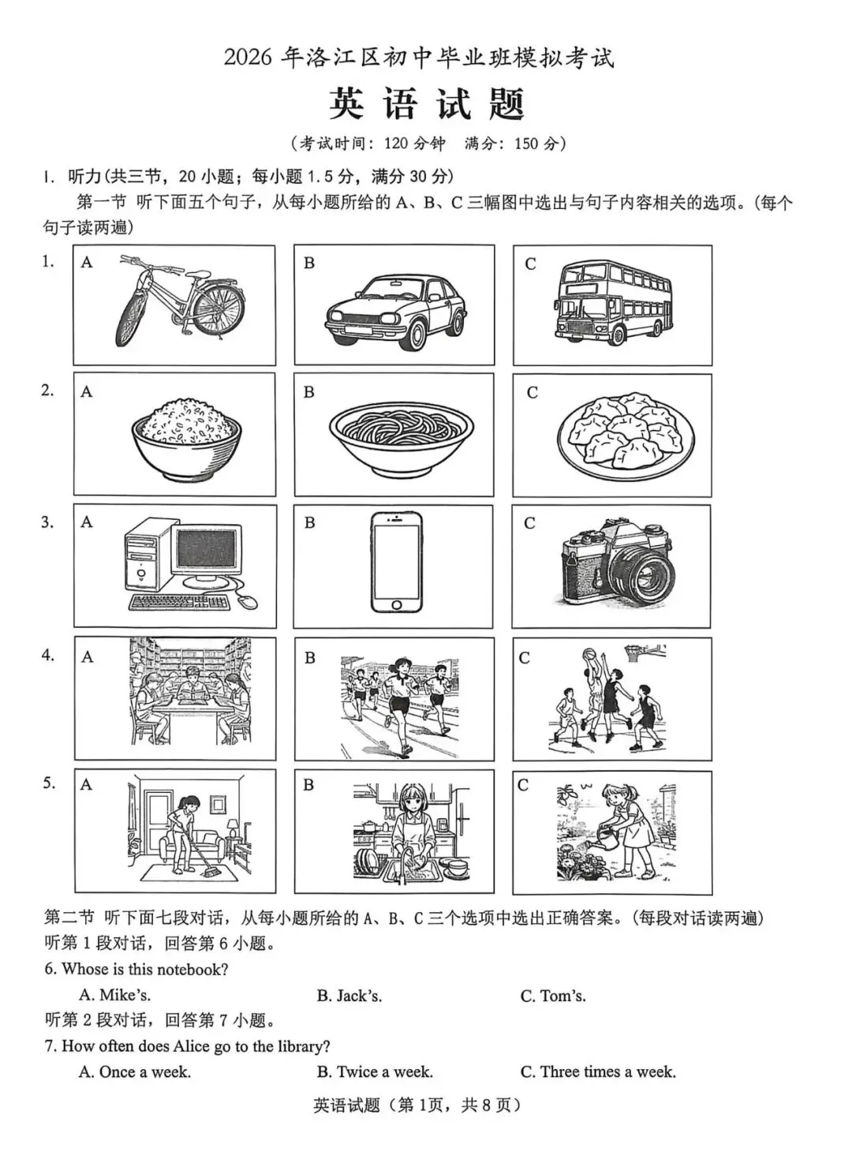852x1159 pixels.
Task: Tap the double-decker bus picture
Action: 611,304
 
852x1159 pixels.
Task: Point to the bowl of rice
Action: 186,438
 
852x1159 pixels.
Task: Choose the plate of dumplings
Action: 626,435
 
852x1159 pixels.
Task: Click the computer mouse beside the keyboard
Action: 247,601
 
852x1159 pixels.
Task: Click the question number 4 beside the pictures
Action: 48,655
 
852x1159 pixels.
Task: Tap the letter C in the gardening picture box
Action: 522,785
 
